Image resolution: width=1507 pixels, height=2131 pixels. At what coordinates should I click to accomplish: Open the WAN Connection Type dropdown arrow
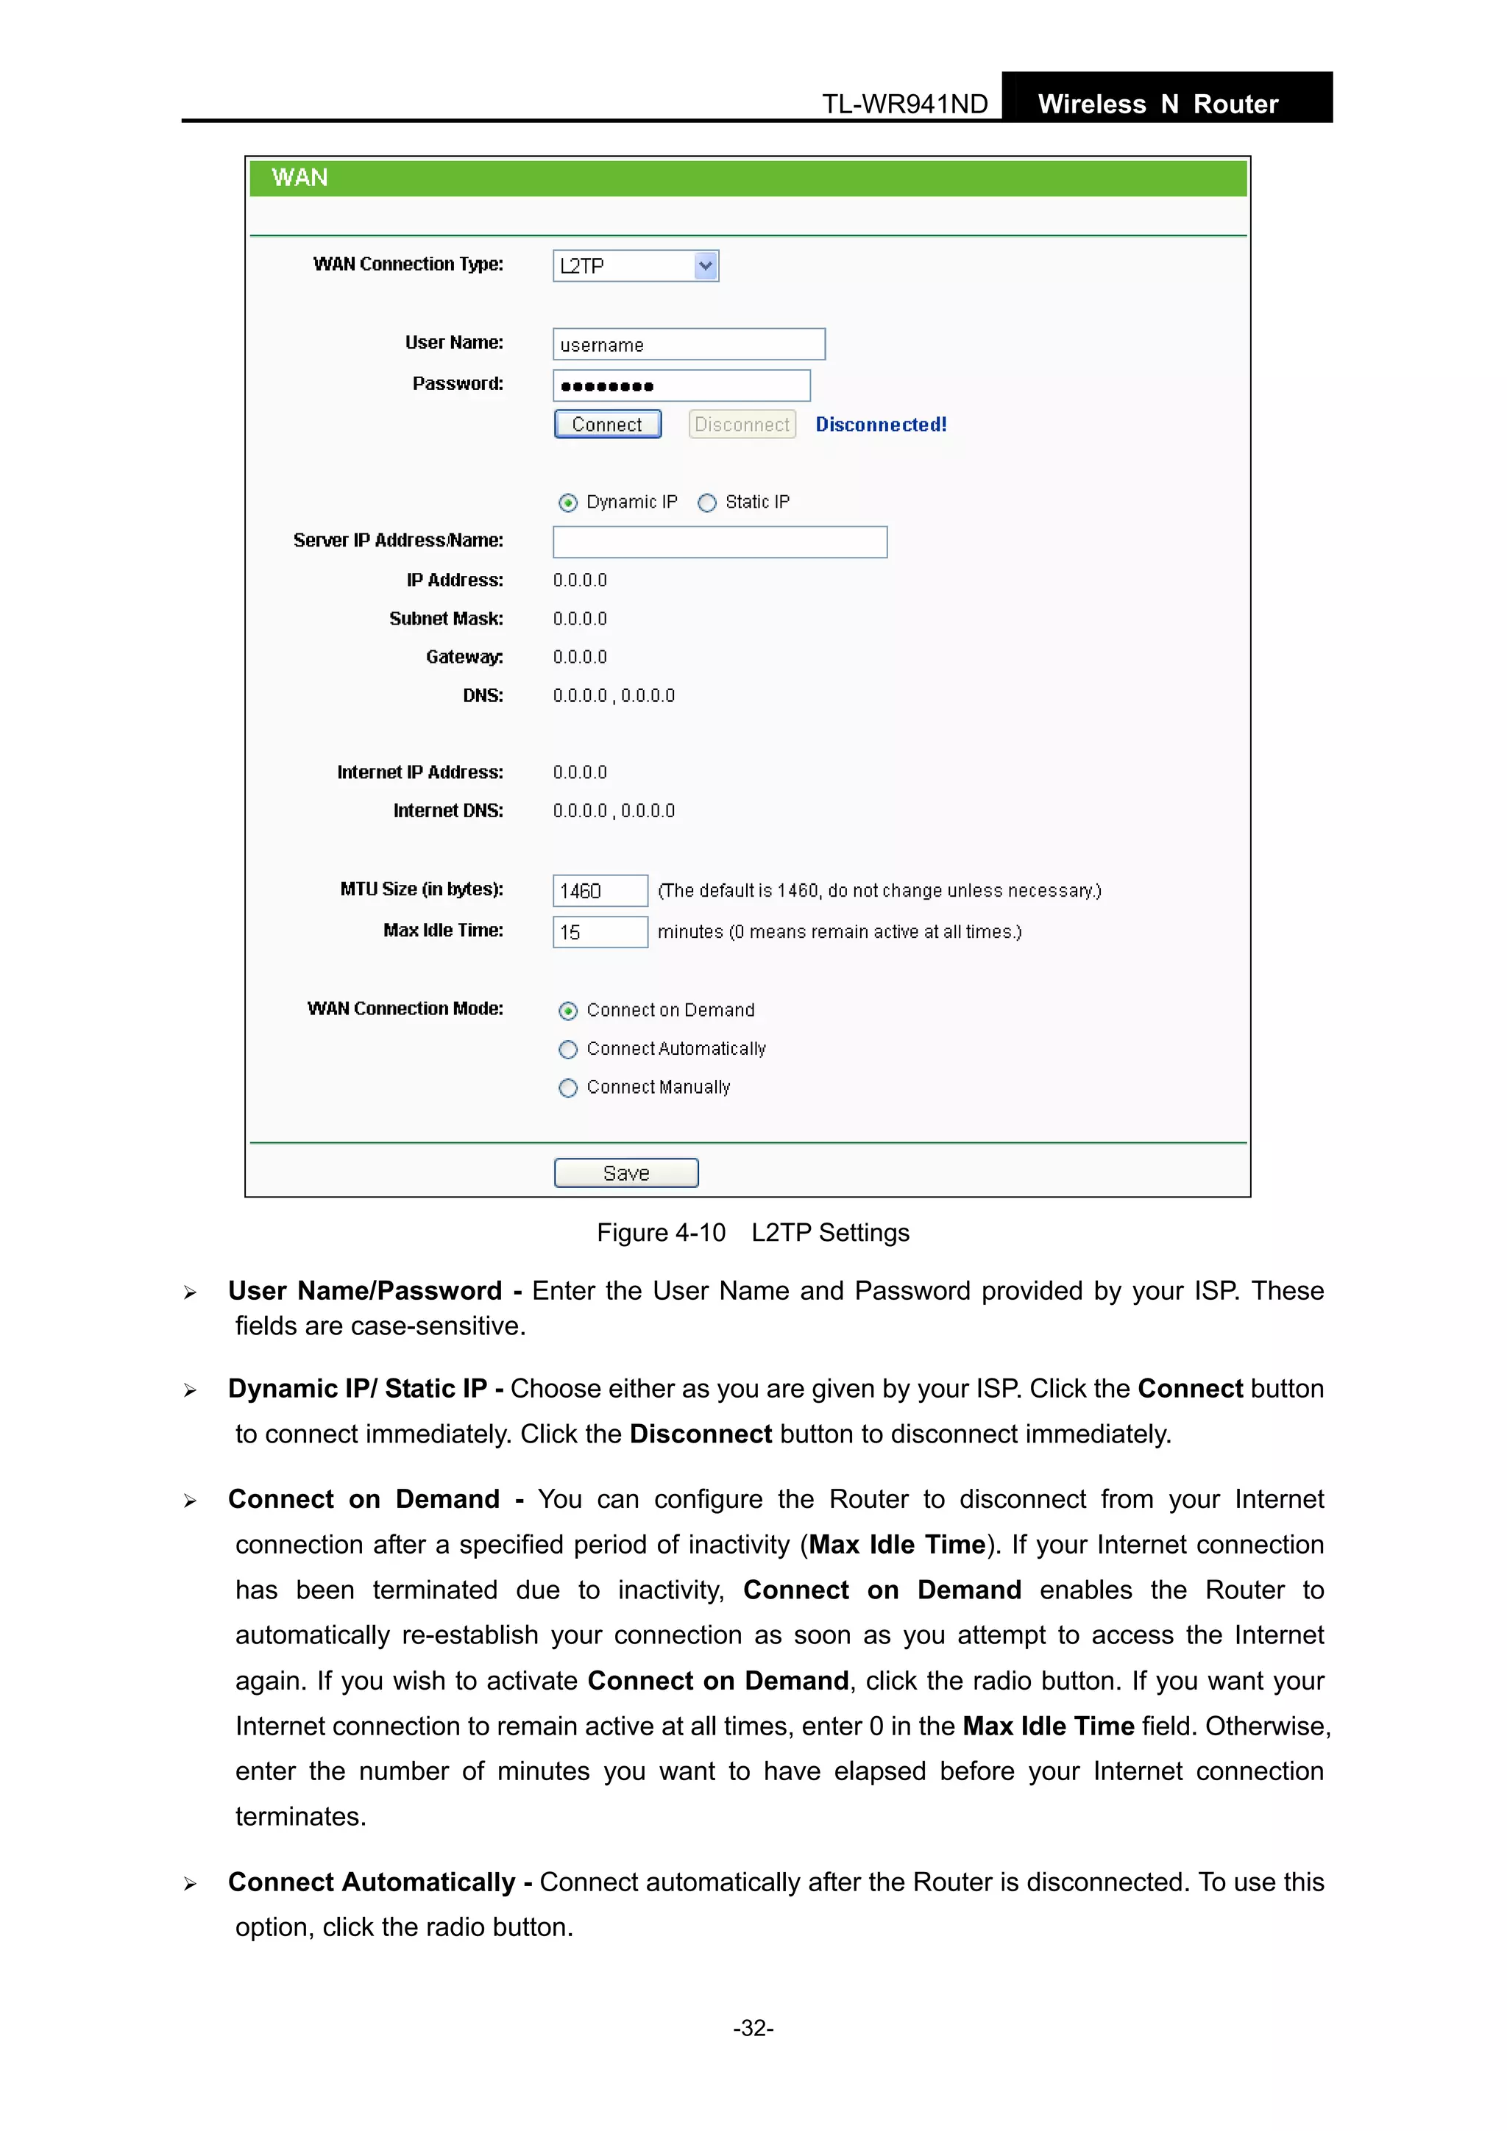tap(705, 266)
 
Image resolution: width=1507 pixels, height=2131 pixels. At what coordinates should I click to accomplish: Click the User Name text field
tap(688, 344)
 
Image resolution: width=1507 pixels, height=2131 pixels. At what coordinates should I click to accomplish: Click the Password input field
tap(681, 385)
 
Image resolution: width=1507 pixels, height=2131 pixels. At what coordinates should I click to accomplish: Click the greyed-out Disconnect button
tap(742, 424)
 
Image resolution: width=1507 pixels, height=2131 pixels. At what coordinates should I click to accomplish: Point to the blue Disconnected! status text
tap(880, 424)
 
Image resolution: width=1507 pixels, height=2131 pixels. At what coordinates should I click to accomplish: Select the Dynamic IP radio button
tap(568, 503)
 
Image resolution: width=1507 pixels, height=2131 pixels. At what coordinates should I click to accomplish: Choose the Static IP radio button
tap(708, 503)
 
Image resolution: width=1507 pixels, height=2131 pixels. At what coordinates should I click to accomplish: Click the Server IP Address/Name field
tap(720, 542)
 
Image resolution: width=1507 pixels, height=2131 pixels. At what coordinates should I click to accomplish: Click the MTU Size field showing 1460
tap(600, 891)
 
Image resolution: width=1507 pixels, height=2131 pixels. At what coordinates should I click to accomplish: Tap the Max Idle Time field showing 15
tap(600, 932)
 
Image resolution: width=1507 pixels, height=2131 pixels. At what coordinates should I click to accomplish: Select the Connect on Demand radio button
tap(568, 1011)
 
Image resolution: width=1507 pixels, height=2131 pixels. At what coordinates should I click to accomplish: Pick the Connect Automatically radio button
tap(568, 1050)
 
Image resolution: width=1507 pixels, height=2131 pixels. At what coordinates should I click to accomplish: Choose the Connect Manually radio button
tap(568, 1088)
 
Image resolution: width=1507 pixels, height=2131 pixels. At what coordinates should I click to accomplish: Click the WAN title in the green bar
tap(299, 177)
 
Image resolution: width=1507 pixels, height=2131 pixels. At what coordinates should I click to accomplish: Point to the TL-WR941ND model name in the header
tap(904, 104)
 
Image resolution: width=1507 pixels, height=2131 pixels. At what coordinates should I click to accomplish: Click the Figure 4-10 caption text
tap(752, 1233)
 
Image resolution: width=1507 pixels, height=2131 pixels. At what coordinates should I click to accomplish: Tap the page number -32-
tap(753, 2028)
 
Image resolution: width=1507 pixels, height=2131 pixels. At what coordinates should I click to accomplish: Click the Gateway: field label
tap(464, 657)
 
